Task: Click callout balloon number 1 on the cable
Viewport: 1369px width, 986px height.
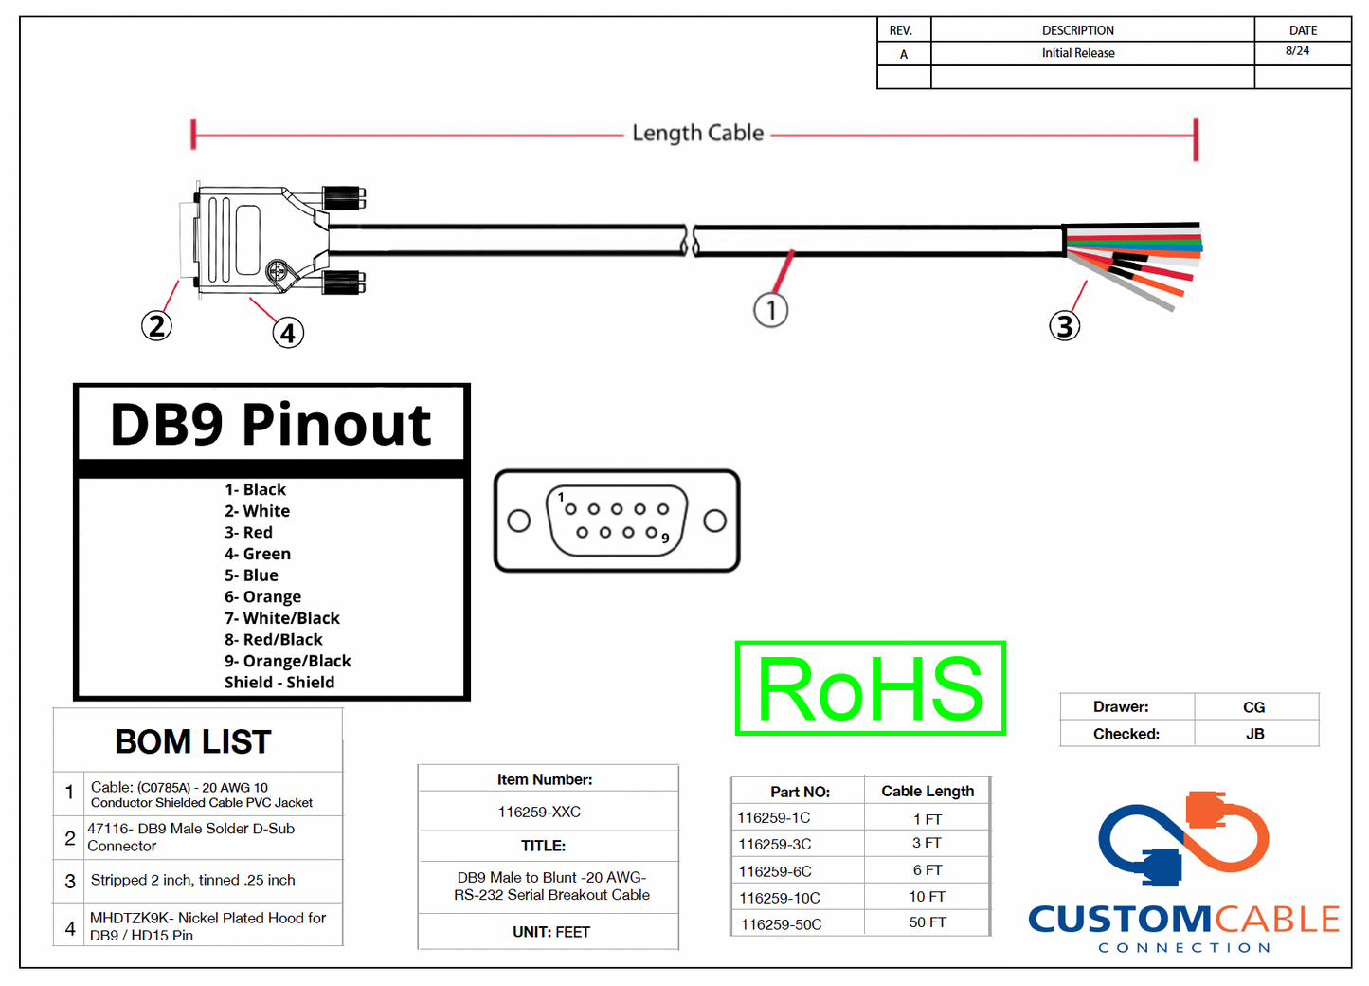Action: (770, 310)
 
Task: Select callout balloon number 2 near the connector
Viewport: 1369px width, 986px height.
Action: (156, 326)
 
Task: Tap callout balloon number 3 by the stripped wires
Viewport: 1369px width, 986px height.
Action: (1064, 326)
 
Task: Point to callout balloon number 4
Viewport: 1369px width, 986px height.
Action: (288, 333)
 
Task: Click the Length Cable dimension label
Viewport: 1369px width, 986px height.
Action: (697, 133)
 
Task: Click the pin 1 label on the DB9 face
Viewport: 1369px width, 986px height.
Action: (561, 497)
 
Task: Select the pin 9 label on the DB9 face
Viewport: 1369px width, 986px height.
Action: (666, 539)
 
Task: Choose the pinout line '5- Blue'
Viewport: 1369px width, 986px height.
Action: (251, 575)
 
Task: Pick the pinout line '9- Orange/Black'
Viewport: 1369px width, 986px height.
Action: (287, 661)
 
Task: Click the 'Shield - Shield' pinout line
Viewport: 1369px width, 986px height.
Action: (279, 683)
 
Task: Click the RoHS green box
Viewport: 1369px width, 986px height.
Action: (870, 688)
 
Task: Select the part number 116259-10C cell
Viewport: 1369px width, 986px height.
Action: (780, 897)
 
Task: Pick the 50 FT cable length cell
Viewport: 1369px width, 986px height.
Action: (927, 922)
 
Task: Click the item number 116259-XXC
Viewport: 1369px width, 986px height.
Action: (539, 812)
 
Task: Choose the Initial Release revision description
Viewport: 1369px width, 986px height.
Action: (1078, 53)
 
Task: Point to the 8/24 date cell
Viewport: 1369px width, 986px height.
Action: (1297, 51)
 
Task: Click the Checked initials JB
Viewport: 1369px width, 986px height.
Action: (1254, 734)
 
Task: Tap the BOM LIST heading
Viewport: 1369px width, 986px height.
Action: (193, 741)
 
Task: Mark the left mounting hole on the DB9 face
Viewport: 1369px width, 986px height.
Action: (518, 520)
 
